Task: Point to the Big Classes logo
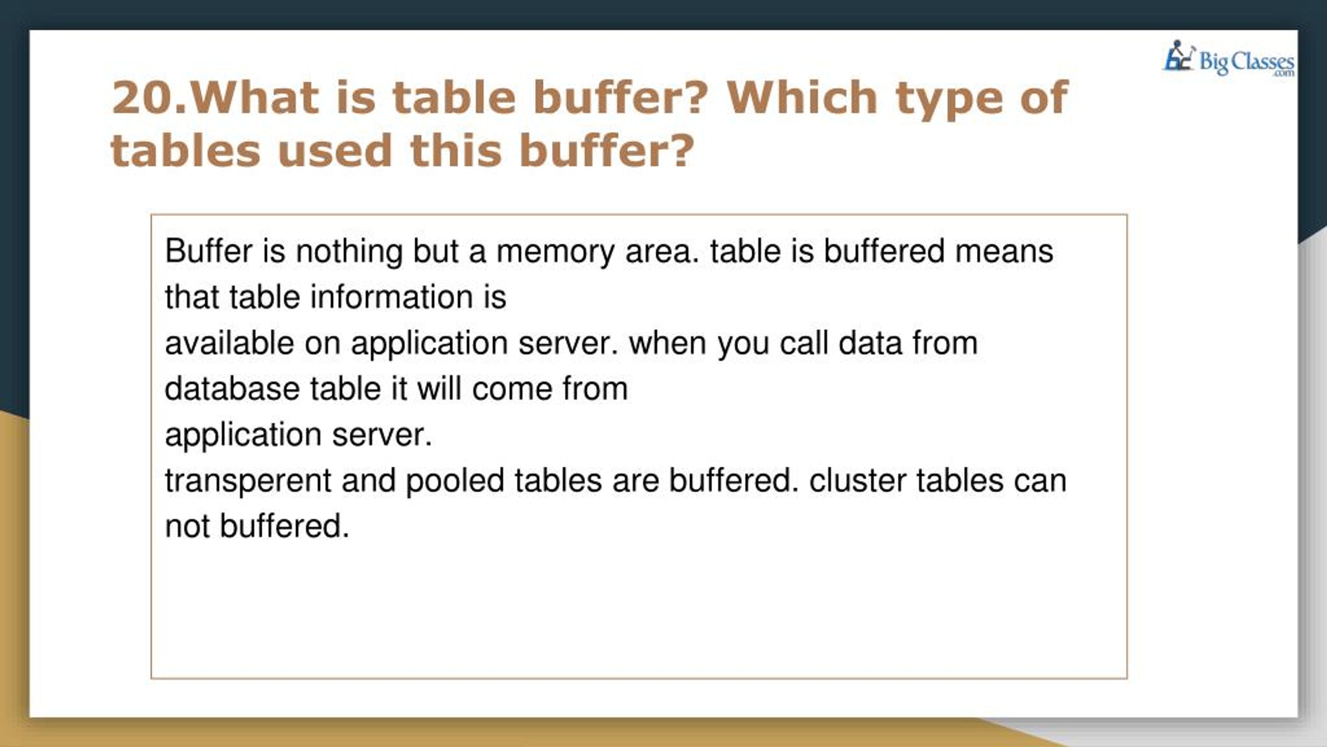click(x=1229, y=60)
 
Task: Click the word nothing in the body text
click(x=349, y=252)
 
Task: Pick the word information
click(x=392, y=297)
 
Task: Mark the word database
click(x=232, y=389)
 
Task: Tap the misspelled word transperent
click(x=248, y=481)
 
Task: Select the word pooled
click(x=455, y=481)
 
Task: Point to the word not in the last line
click(x=187, y=527)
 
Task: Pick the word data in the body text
click(x=870, y=343)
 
